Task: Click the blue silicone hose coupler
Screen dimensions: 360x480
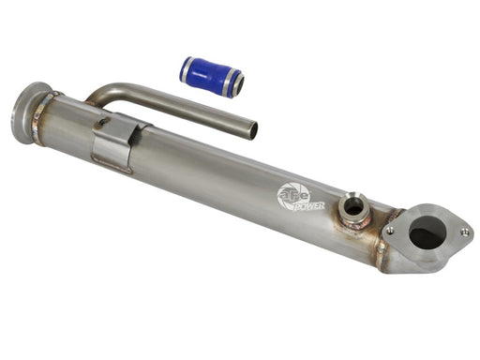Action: click(x=212, y=76)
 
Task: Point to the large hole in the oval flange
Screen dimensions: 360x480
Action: click(x=427, y=232)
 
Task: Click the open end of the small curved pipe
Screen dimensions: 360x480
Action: click(x=250, y=129)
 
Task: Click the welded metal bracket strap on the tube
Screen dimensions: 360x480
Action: click(x=119, y=143)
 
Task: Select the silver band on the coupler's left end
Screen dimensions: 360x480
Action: click(x=187, y=67)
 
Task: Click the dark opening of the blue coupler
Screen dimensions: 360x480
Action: click(x=239, y=85)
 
